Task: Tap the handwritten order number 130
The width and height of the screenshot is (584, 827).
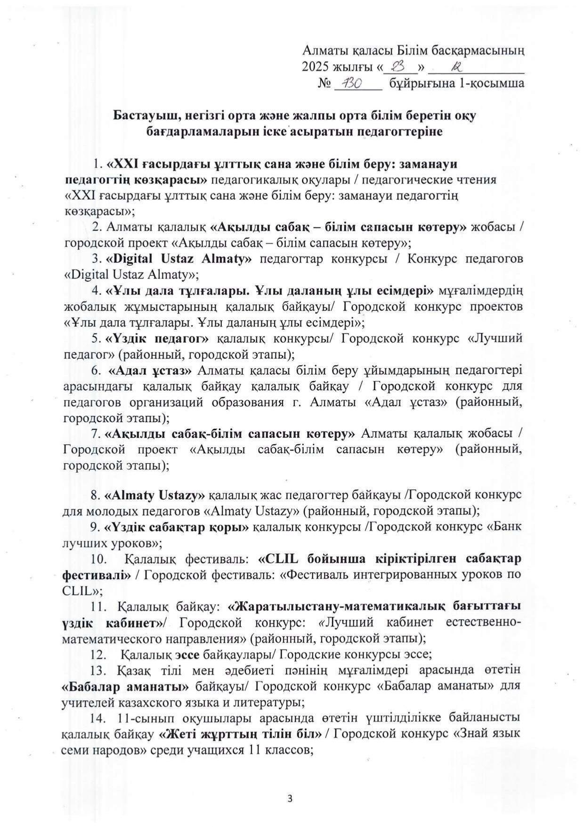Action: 351,84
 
